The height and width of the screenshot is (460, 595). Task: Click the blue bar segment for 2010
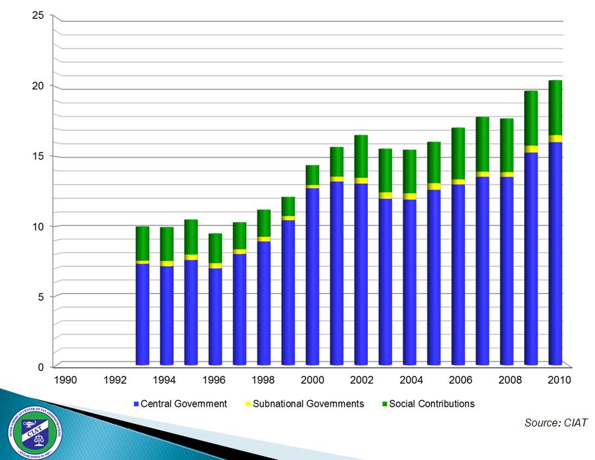[556, 253]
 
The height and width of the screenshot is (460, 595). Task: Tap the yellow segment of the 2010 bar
[556, 139]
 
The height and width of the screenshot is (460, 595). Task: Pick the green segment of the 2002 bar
[361, 156]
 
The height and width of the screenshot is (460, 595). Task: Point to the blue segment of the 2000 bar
[313, 276]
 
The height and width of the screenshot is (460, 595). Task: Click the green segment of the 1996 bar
[215, 248]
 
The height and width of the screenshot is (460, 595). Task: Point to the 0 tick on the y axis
[41, 367]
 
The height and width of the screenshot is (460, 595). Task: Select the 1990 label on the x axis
[65, 380]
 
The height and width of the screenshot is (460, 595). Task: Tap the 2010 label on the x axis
[558, 380]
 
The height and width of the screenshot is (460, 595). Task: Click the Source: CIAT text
[556, 423]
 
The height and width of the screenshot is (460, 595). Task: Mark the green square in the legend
[384, 404]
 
